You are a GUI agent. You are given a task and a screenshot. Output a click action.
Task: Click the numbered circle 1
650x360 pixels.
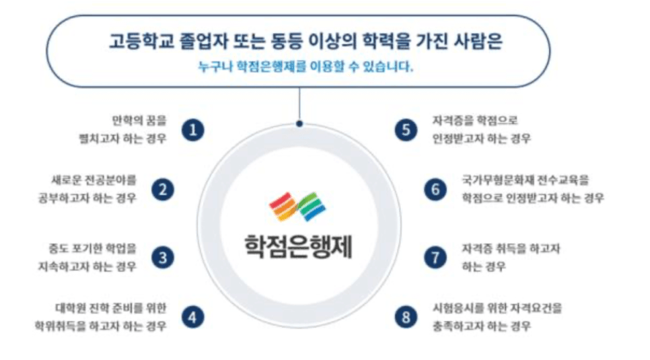[192, 130]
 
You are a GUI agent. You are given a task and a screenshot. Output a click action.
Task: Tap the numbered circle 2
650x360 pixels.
[163, 190]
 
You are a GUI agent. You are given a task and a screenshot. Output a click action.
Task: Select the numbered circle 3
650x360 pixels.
[163, 258]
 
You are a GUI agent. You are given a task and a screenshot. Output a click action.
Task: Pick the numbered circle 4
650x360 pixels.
[192, 318]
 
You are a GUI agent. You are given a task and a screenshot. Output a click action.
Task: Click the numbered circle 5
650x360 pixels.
[406, 130]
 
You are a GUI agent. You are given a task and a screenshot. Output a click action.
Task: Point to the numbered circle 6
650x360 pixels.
[435, 190]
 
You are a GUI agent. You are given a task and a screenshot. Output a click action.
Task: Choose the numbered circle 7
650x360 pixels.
[435, 258]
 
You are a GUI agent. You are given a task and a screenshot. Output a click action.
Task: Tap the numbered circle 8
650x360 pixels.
[406, 318]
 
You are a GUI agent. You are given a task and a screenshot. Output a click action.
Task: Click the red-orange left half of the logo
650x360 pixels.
[283, 207]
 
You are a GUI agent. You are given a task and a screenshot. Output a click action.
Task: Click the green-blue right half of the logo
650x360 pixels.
[312, 207]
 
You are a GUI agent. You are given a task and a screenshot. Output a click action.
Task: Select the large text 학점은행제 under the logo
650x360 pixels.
[299, 246]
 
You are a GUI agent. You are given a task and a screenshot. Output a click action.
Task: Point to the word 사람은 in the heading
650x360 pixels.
[479, 42]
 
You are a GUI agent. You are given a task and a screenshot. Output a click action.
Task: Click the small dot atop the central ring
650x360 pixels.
[299, 124]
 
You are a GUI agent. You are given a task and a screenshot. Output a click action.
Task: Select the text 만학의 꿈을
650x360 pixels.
[139, 120]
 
